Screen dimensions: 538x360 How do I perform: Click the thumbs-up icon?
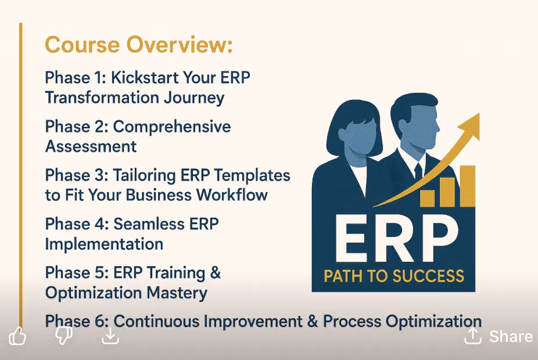[x=17, y=336]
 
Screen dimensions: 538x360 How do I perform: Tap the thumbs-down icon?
[x=64, y=335]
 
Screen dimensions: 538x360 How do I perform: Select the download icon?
[x=110, y=336]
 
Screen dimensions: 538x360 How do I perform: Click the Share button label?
[x=511, y=336]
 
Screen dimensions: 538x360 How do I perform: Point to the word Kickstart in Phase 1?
[x=145, y=77]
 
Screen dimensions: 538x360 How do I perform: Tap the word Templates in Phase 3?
[x=252, y=176]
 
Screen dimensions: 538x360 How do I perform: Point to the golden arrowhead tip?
[x=479, y=113]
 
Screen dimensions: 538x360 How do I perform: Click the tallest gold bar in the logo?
[x=467, y=186]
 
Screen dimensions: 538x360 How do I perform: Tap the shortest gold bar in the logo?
[x=427, y=199]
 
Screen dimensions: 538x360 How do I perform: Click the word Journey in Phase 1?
[x=194, y=98]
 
